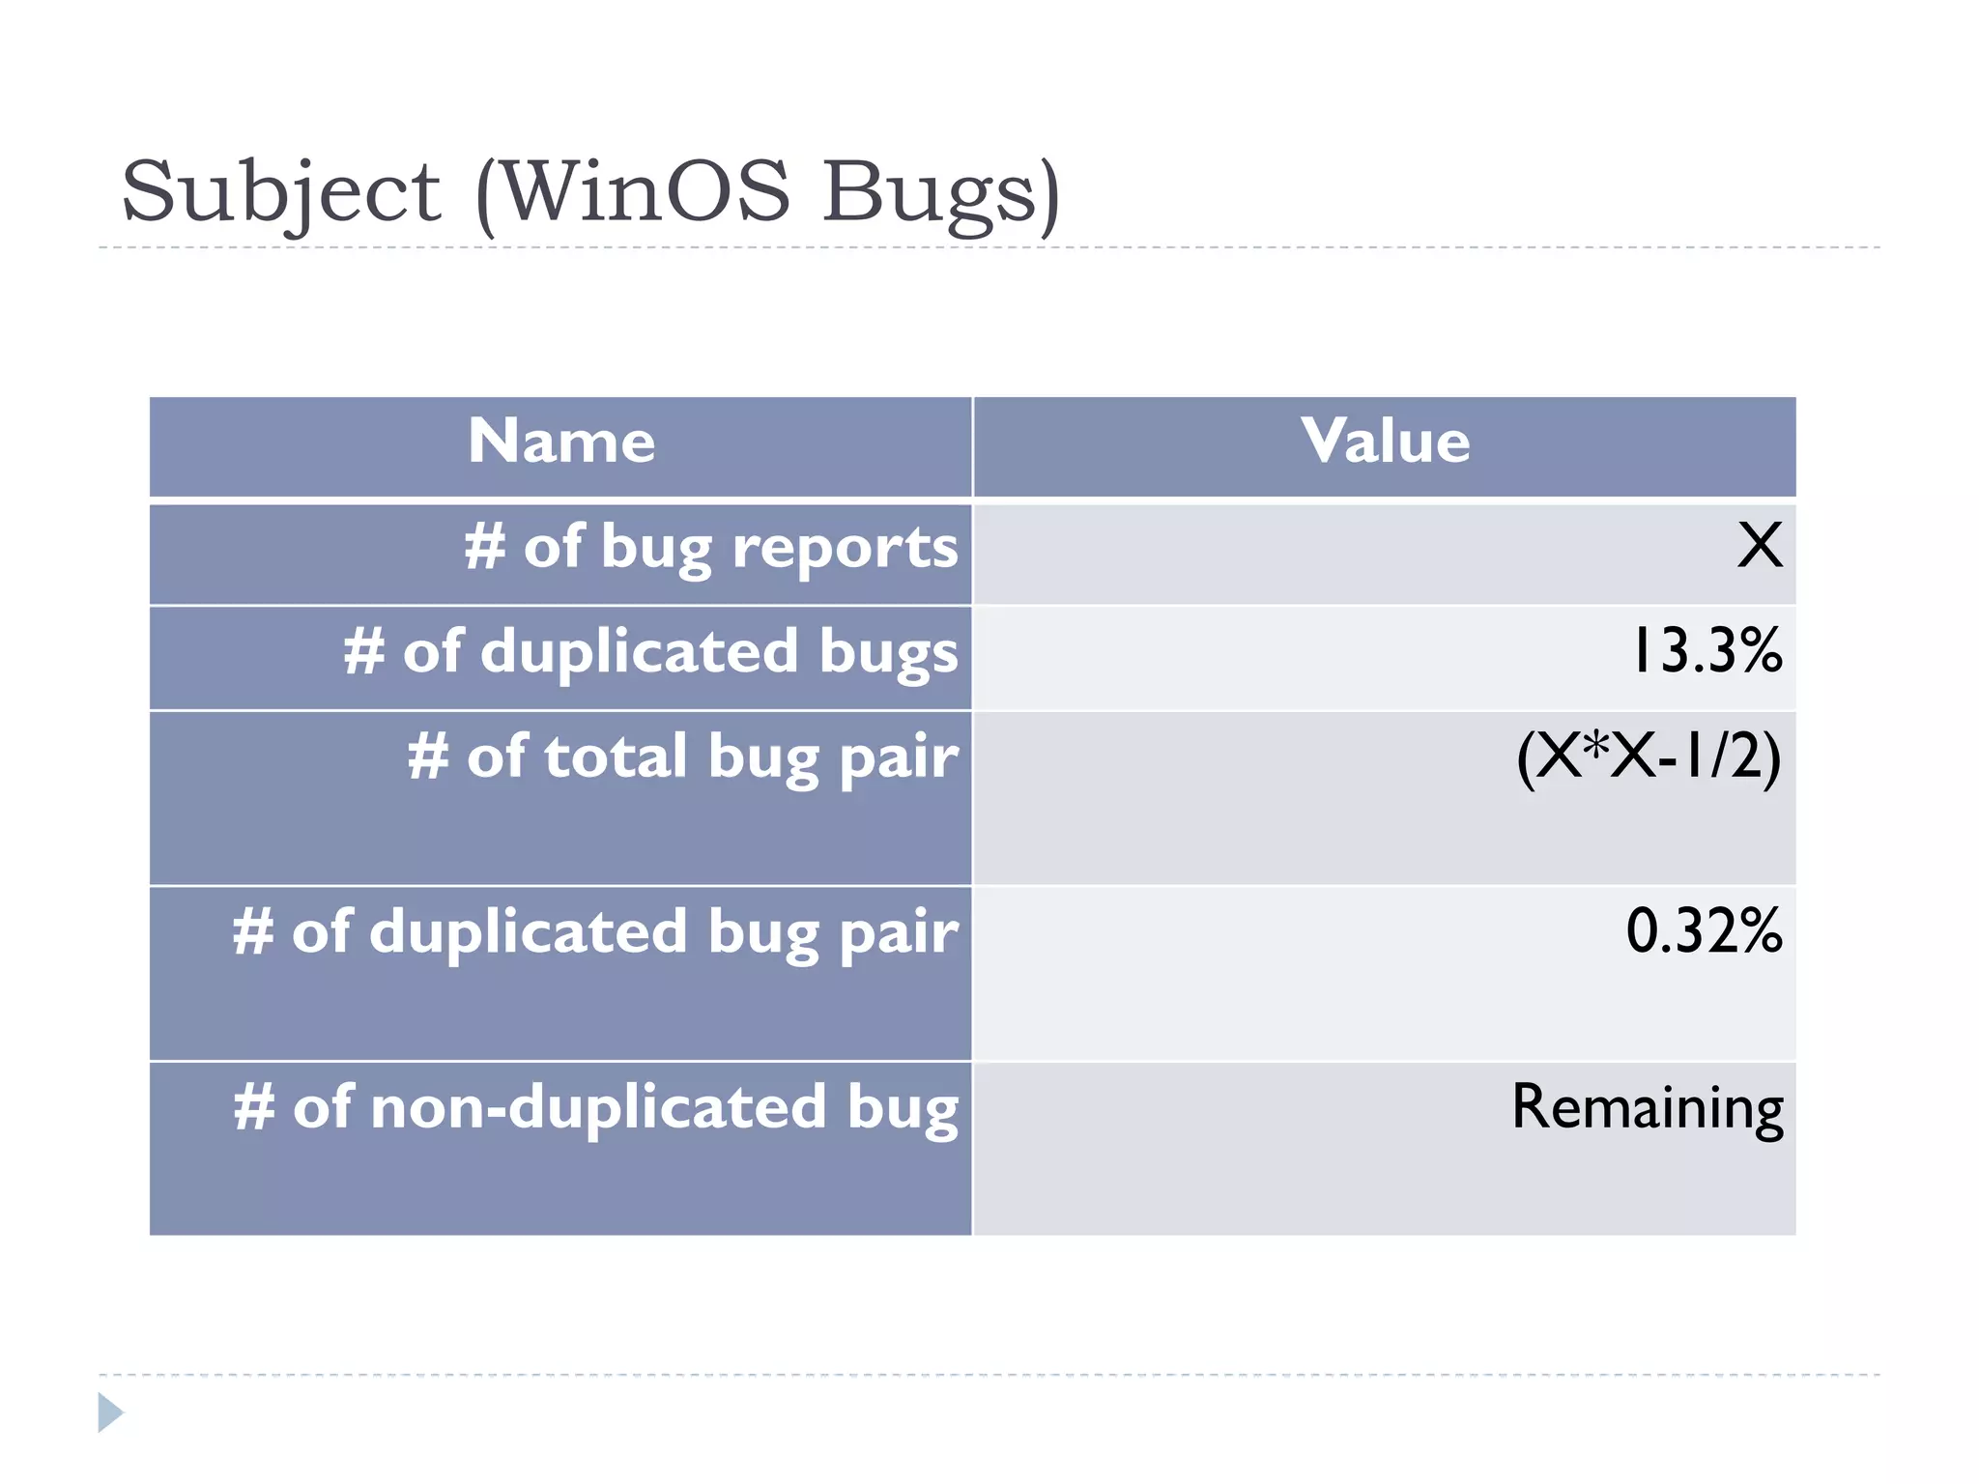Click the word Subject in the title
(281, 192)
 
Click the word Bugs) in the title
(942, 192)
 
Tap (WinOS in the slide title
(634, 192)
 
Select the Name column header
(561, 442)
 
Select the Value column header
(1385, 442)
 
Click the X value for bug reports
(1759, 546)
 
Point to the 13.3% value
(1707, 651)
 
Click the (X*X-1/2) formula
(1649, 756)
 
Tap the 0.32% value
(1704, 931)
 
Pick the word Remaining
(1648, 1107)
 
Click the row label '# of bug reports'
(711, 548)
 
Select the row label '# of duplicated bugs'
(651, 652)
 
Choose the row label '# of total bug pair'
(683, 757)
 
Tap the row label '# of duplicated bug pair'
(595, 933)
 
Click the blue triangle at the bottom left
(109, 1413)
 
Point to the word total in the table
(616, 756)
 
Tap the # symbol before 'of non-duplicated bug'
(254, 1107)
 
